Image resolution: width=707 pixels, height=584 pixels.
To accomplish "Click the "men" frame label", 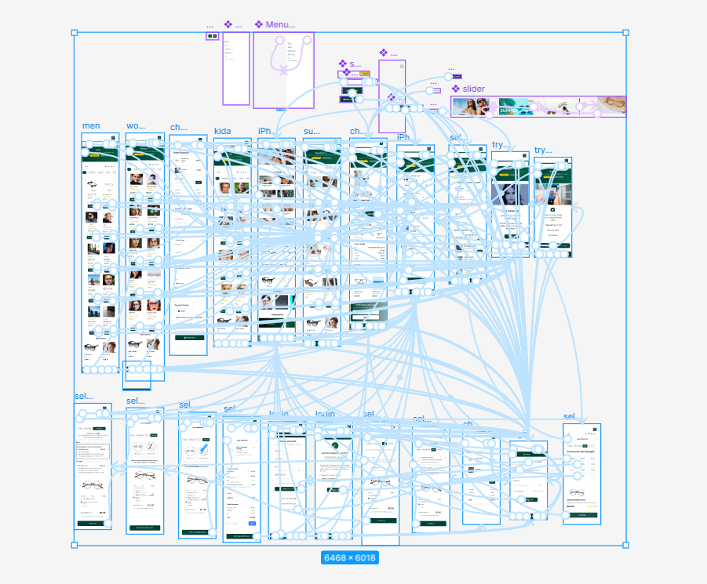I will coord(91,126).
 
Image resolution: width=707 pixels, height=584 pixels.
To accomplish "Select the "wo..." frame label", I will coord(136,126).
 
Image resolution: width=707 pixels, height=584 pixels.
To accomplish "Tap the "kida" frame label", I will coord(222,132).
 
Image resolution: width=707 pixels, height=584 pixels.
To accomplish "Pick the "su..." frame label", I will coord(312,132).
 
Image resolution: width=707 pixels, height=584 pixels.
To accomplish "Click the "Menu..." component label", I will coord(279,25).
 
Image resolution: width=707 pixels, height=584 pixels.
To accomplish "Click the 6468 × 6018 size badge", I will coord(350,558).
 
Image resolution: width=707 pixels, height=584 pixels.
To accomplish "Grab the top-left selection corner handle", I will coord(75,33).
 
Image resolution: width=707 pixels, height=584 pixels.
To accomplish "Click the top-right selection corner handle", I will coord(625,33).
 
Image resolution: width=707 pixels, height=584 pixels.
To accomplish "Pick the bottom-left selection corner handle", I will coord(75,545).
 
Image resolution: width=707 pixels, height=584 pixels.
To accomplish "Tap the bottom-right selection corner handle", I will coord(625,545).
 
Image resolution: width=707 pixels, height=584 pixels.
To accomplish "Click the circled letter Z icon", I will coord(153,448).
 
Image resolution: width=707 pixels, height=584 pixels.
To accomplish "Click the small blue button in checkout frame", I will coord(252,523).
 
